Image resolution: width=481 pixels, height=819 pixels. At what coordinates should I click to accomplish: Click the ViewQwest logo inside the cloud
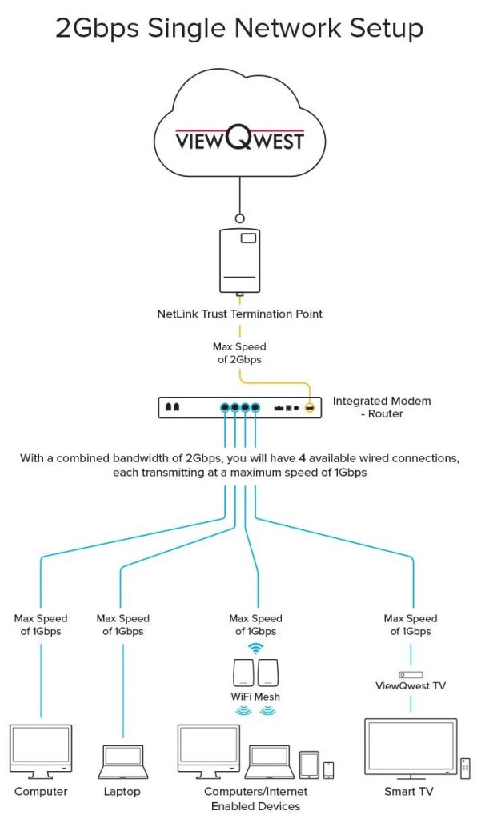coord(239,141)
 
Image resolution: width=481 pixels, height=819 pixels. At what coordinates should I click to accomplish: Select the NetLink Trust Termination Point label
coord(239,314)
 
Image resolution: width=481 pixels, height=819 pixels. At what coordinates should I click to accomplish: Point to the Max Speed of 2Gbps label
coord(239,353)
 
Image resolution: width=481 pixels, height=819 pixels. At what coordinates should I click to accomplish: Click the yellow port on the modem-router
coord(308,407)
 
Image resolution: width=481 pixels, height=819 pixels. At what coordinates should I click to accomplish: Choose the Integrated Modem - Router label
coord(382,406)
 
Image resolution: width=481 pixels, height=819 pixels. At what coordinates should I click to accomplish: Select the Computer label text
coord(41,792)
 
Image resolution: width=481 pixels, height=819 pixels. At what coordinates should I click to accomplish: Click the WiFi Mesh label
coord(256,697)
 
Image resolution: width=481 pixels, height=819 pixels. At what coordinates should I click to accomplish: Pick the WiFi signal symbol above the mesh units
coord(256,648)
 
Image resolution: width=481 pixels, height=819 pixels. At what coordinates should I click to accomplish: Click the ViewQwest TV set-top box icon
coord(411,675)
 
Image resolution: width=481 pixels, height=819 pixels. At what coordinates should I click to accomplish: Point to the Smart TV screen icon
coord(410,747)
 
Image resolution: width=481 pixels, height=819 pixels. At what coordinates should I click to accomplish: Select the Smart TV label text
coord(411,792)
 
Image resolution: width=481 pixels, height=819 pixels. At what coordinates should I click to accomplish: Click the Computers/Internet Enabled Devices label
coord(256,798)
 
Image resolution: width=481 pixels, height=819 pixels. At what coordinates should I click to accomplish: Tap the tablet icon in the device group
coord(310,765)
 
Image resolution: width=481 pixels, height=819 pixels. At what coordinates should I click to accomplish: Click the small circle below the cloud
coord(239,218)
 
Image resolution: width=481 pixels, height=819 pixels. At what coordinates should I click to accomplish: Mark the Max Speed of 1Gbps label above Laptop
coord(122,625)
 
